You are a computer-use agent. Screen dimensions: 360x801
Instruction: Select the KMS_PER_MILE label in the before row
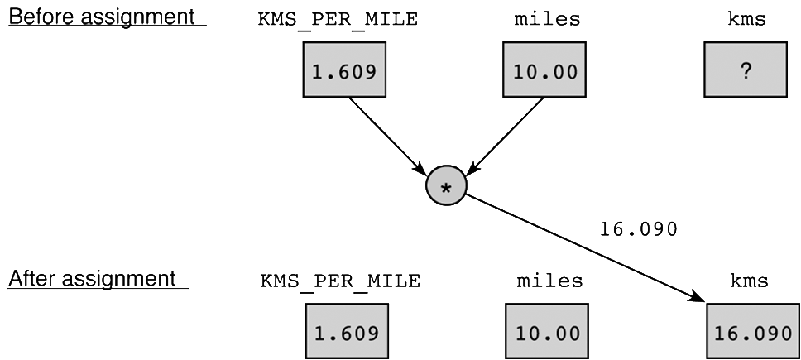tap(337, 20)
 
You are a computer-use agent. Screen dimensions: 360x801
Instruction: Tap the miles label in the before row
tap(546, 20)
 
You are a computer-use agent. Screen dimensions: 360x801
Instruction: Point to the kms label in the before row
tap(746, 20)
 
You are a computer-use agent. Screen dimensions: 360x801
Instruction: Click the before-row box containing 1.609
tap(343, 71)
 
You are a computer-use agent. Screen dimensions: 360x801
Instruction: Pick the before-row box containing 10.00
tap(544, 71)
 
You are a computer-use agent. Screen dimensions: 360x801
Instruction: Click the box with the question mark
tap(746, 71)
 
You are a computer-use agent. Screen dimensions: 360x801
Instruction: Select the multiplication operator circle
tap(446, 188)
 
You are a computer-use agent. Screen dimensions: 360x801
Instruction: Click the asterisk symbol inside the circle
tap(446, 190)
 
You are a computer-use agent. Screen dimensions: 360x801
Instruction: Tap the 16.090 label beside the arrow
tap(638, 227)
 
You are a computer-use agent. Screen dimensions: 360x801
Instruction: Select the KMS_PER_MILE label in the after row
tap(340, 281)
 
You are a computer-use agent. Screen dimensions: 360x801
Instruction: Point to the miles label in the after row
tap(549, 281)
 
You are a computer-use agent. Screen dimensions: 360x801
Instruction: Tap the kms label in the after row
tap(748, 281)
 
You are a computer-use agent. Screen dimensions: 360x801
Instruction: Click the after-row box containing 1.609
tap(346, 333)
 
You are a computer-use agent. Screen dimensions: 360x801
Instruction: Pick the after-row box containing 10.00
tap(546, 333)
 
